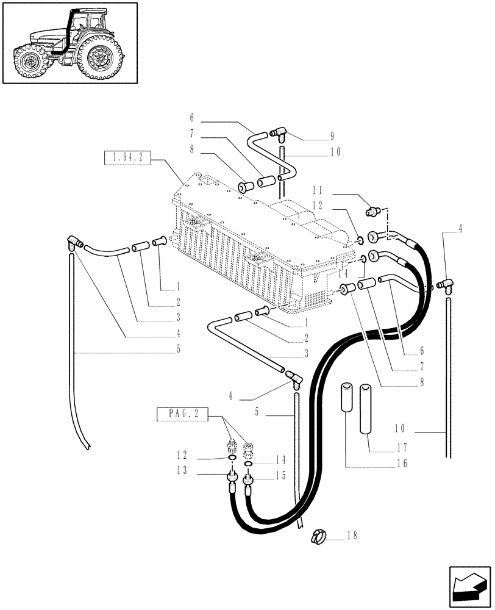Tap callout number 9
332,135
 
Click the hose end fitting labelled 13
232,481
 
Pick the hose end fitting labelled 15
248,484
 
